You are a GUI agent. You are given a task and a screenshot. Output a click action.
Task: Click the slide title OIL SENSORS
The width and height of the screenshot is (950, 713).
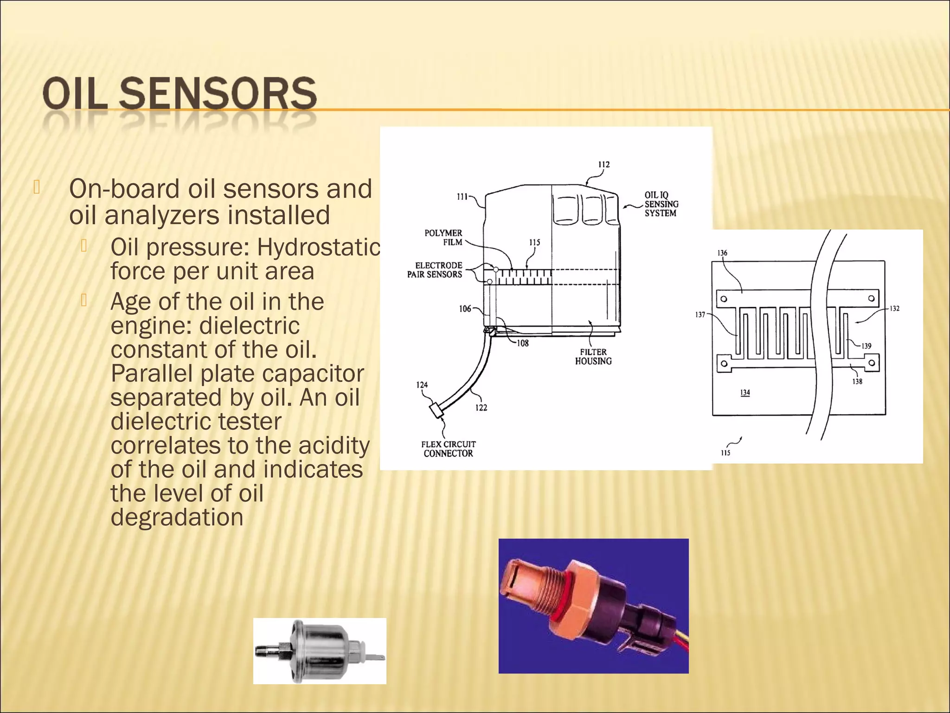[180, 94]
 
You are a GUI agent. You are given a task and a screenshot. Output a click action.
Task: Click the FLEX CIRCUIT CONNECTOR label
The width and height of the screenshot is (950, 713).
[448, 449]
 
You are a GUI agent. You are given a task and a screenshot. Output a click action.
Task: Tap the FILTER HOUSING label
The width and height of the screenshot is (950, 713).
[593, 356]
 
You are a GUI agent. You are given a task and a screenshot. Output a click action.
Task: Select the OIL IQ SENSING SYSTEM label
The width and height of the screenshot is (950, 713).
[661, 204]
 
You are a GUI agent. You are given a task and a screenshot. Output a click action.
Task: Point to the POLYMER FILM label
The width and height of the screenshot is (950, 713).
[443, 237]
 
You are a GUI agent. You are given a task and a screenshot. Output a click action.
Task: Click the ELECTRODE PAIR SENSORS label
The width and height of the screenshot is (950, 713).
[435, 270]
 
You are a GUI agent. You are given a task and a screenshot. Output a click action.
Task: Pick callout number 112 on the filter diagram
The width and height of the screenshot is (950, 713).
[603, 165]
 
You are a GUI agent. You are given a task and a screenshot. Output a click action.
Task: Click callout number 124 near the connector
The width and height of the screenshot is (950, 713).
[422, 385]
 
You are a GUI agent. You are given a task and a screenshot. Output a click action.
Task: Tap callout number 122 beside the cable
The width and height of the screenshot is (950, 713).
[481, 408]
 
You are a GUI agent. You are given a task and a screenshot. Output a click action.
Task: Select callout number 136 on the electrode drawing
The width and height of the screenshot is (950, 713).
[722, 253]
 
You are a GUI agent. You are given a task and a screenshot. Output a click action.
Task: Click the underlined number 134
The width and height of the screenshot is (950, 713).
[745, 393]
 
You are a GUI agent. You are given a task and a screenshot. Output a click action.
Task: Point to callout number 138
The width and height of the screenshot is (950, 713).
[857, 382]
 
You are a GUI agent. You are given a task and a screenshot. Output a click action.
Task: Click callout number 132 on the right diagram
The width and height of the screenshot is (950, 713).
[894, 308]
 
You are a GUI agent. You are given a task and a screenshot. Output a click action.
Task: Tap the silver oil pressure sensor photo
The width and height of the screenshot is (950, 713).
[320, 651]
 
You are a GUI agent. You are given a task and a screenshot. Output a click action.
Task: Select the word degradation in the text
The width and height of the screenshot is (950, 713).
[177, 517]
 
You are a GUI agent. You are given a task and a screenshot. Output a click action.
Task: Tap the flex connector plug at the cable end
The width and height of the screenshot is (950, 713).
[436, 411]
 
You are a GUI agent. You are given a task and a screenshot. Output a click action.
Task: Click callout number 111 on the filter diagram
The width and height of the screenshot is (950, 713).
[462, 196]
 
